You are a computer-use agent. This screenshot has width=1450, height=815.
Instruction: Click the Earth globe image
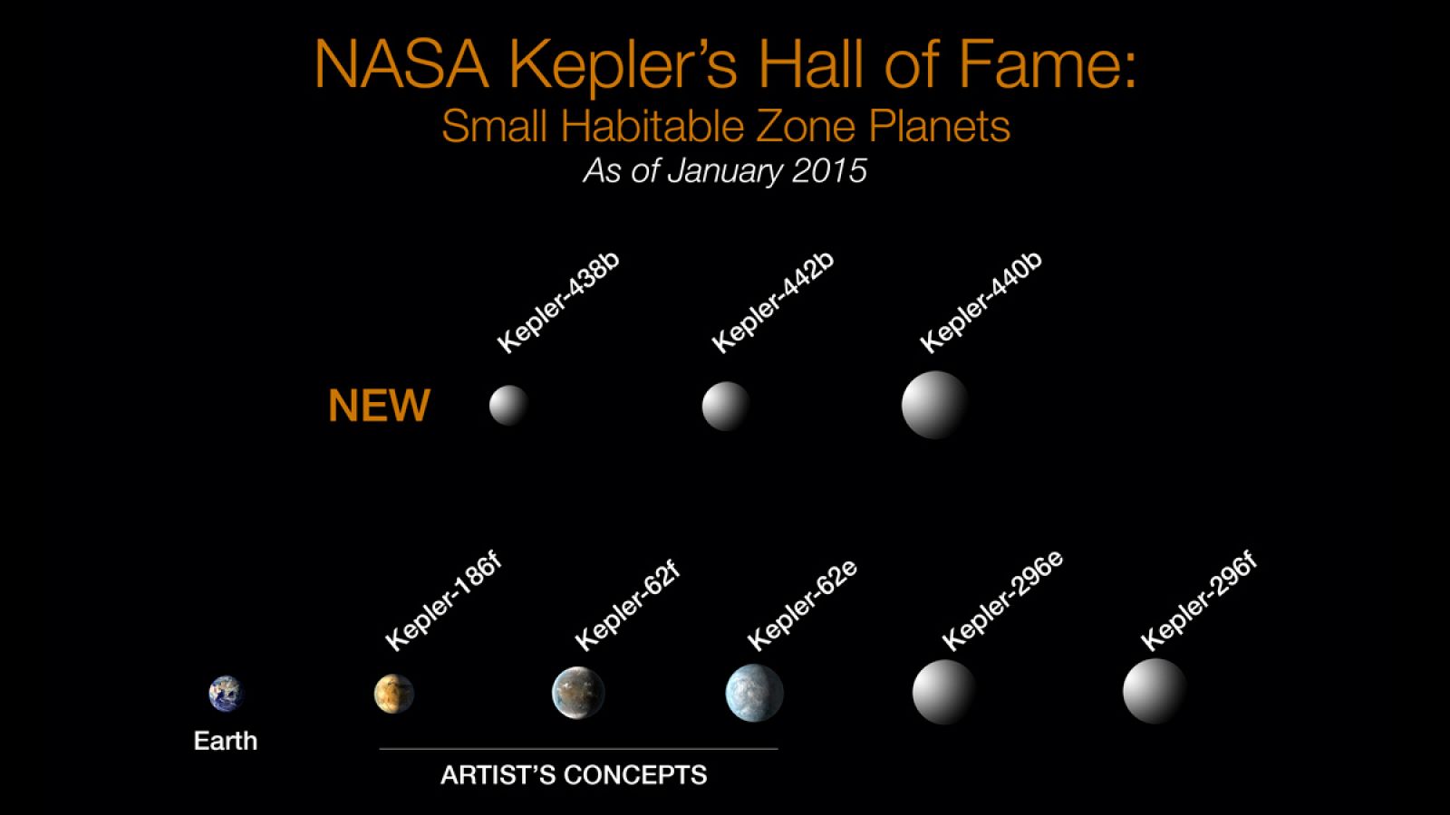pyautogui.click(x=226, y=694)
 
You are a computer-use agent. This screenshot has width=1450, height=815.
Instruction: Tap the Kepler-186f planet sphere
pyautogui.click(x=393, y=694)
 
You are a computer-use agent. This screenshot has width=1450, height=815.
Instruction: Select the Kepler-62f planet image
pyautogui.click(x=578, y=693)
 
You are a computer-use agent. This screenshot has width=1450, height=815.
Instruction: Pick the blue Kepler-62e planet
pyautogui.click(x=754, y=693)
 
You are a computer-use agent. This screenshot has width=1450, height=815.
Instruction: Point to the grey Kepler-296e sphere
pyautogui.click(x=943, y=692)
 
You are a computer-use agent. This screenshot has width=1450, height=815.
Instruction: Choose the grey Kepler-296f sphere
pyautogui.click(x=1155, y=691)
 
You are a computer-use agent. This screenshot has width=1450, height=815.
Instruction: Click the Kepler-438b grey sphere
pyautogui.click(x=508, y=405)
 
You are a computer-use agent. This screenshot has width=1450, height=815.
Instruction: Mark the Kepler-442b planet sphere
pyautogui.click(x=726, y=405)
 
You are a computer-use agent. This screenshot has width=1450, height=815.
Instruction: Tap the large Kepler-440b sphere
pyautogui.click(x=934, y=405)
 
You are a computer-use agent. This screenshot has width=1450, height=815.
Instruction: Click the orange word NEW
pyautogui.click(x=379, y=406)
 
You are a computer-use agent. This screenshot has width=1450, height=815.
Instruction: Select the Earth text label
pyautogui.click(x=226, y=741)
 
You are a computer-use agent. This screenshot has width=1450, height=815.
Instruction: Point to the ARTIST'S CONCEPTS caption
pyautogui.click(x=574, y=775)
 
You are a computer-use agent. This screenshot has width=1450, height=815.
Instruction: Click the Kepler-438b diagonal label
pyautogui.click(x=558, y=302)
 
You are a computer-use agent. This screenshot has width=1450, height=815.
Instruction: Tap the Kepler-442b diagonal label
pyautogui.click(x=772, y=303)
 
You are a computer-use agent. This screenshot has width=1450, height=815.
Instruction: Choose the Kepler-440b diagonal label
pyautogui.click(x=981, y=303)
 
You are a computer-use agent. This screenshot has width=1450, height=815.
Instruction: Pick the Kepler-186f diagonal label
pyautogui.click(x=443, y=602)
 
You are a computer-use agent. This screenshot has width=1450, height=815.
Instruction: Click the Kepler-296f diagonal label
pyautogui.click(x=1198, y=601)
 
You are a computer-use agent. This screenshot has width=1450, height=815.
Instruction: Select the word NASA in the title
pyautogui.click(x=401, y=65)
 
